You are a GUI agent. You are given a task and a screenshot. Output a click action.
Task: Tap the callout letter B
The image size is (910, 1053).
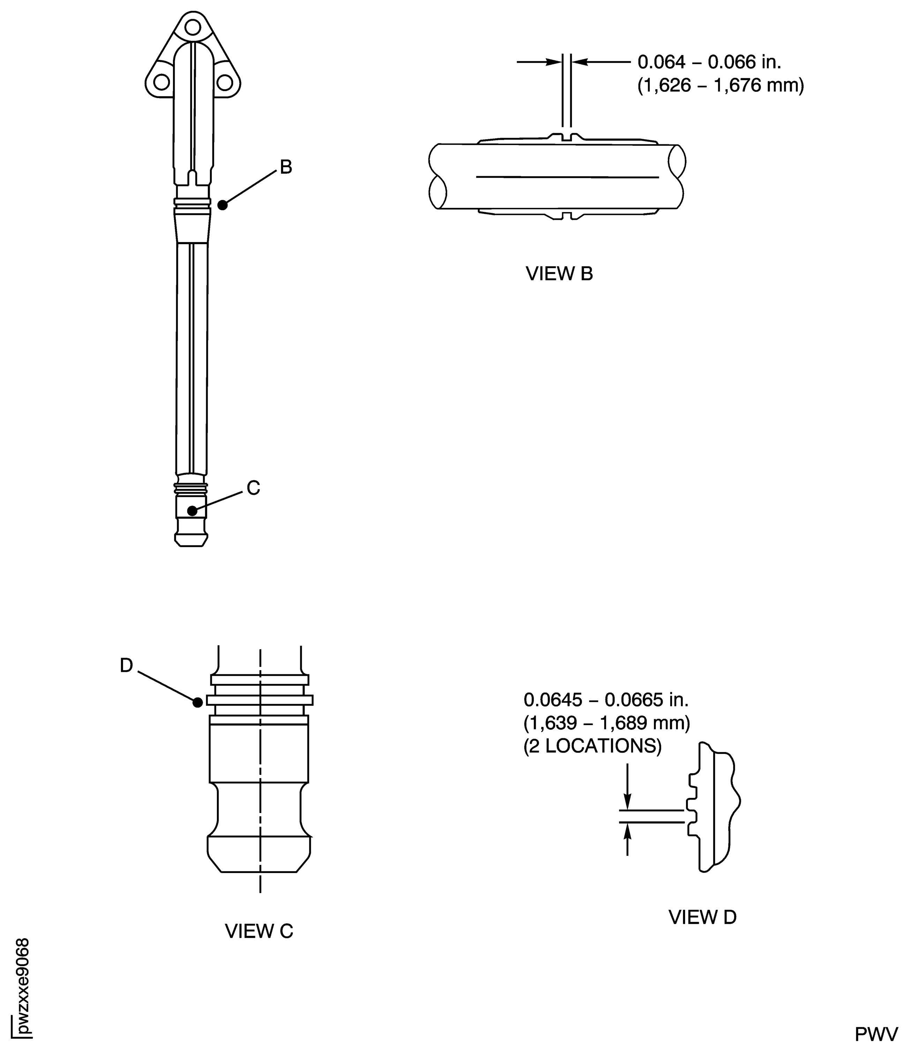tap(286, 167)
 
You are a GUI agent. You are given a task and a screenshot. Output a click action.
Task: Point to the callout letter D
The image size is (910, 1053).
tap(127, 665)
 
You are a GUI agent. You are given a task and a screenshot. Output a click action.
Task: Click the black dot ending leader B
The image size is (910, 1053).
tap(223, 205)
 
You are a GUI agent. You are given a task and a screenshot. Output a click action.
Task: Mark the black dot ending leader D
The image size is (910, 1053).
tap(198, 702)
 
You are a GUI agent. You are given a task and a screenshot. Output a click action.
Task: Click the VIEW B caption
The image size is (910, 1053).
tap(559, 274)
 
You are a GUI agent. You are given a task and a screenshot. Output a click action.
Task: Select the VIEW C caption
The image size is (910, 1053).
tap(259, 931)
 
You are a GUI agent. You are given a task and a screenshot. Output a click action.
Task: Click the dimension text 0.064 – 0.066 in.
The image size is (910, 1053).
tap(709, 62)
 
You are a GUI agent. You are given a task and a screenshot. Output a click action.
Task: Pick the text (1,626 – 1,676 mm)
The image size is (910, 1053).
tap(721, 85)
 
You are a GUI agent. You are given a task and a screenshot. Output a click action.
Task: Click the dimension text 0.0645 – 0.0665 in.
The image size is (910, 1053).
tap(606, 700)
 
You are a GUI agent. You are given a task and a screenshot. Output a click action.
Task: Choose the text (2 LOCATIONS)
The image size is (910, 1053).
tap(593, 746)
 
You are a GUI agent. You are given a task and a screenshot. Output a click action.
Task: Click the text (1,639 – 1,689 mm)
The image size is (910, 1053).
tap(607, 723)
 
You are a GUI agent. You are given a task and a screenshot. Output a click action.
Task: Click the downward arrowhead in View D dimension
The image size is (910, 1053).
tap(627, 801)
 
